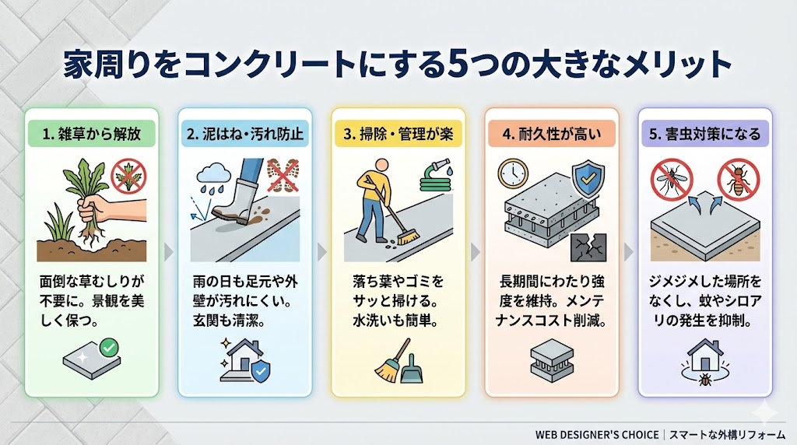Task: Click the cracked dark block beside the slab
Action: coord(589,247)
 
